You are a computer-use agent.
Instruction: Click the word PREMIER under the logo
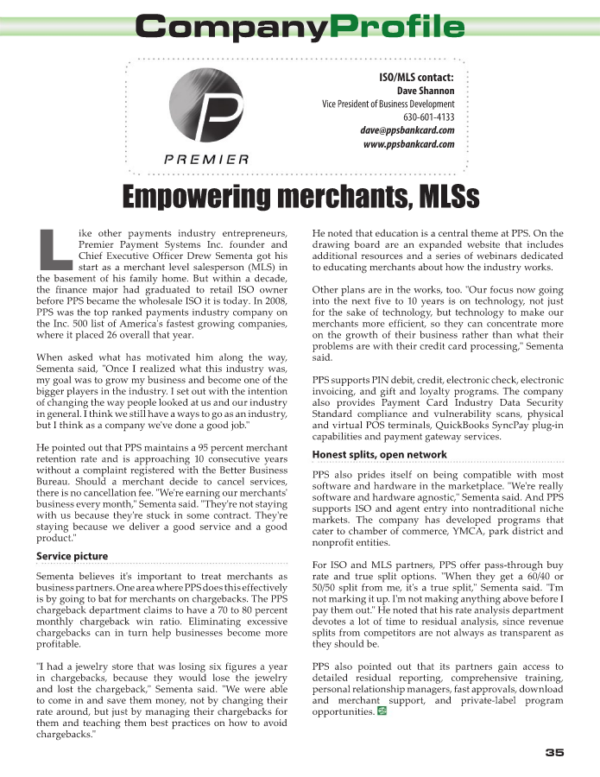[206, 159]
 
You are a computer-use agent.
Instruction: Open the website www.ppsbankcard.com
[409, 144]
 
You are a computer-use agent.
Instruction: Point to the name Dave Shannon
[426, 91]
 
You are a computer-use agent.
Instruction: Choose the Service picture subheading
[72, 556]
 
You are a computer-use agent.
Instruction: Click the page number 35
[554, 752]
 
